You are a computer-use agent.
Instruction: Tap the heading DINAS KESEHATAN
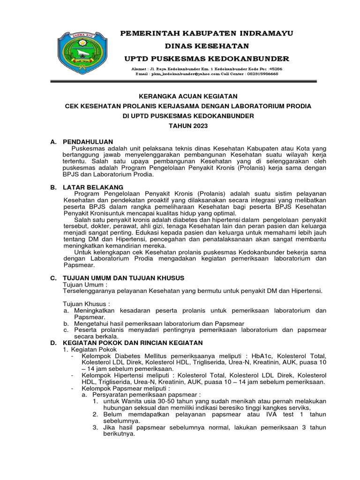pos(206,46)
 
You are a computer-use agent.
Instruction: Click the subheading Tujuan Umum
pos(83,285)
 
